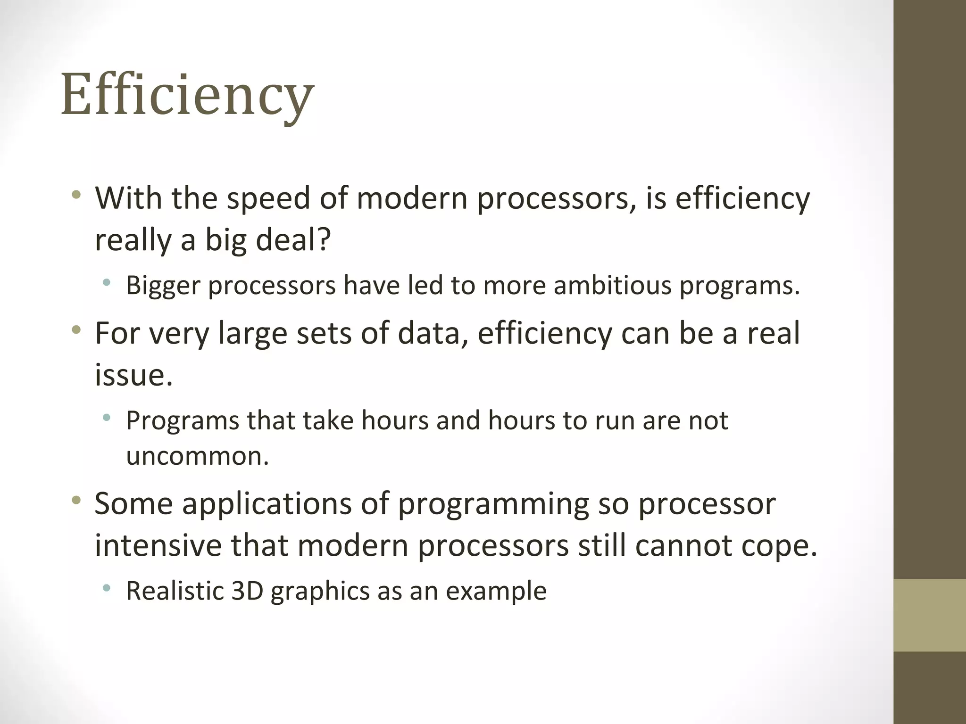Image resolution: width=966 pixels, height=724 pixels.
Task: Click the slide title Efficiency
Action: point(187,94)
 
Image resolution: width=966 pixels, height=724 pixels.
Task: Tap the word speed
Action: point(268,199)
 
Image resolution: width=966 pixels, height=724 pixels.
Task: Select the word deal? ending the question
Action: point(293,240)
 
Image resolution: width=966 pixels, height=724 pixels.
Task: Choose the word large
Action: point(253,334)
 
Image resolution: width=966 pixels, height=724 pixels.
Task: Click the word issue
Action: point(133,375)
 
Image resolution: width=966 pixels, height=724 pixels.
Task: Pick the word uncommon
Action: point(197,456)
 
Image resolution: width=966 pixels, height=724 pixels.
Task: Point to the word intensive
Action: point(158,545)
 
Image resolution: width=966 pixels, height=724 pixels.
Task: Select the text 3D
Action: point(247,591)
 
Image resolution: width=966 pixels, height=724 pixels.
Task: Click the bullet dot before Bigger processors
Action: point(107,282)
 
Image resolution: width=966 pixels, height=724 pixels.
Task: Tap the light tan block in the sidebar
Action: point(930,615)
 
